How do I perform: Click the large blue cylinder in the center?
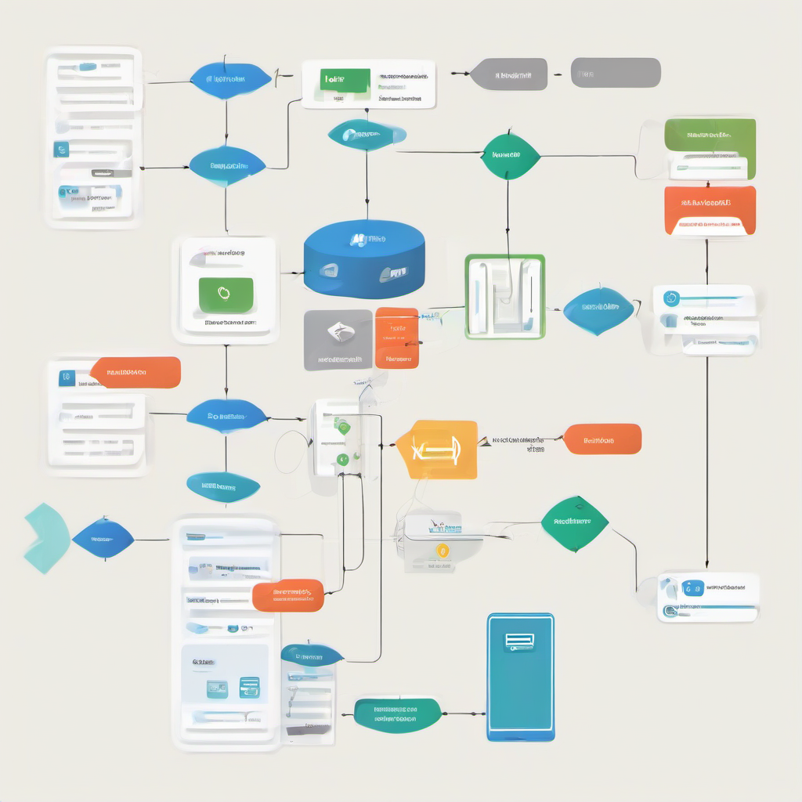[x=364, y=258]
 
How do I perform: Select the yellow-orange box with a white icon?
[x=437, y=450]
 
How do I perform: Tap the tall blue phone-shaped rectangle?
[x=520, y=677]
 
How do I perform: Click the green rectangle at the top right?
[x=710, y=135]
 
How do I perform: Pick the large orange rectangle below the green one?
[x=710, y=209]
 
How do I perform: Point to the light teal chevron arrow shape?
[x=45, y=539]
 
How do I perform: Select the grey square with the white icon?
[x=338, y=339]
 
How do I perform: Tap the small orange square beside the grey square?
[x=397, y=338]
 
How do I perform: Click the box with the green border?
[x=504, y=296]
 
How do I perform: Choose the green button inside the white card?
[x=226, y=295]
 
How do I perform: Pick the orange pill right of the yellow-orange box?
[x=602, y=439]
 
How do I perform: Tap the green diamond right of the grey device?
[x=575, y=522]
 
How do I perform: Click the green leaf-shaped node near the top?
[x=511, y=155]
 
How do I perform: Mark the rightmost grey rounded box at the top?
[x=616, y=73]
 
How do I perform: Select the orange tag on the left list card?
[x=135, y=373]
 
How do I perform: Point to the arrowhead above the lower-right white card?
[x=707, y=565]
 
